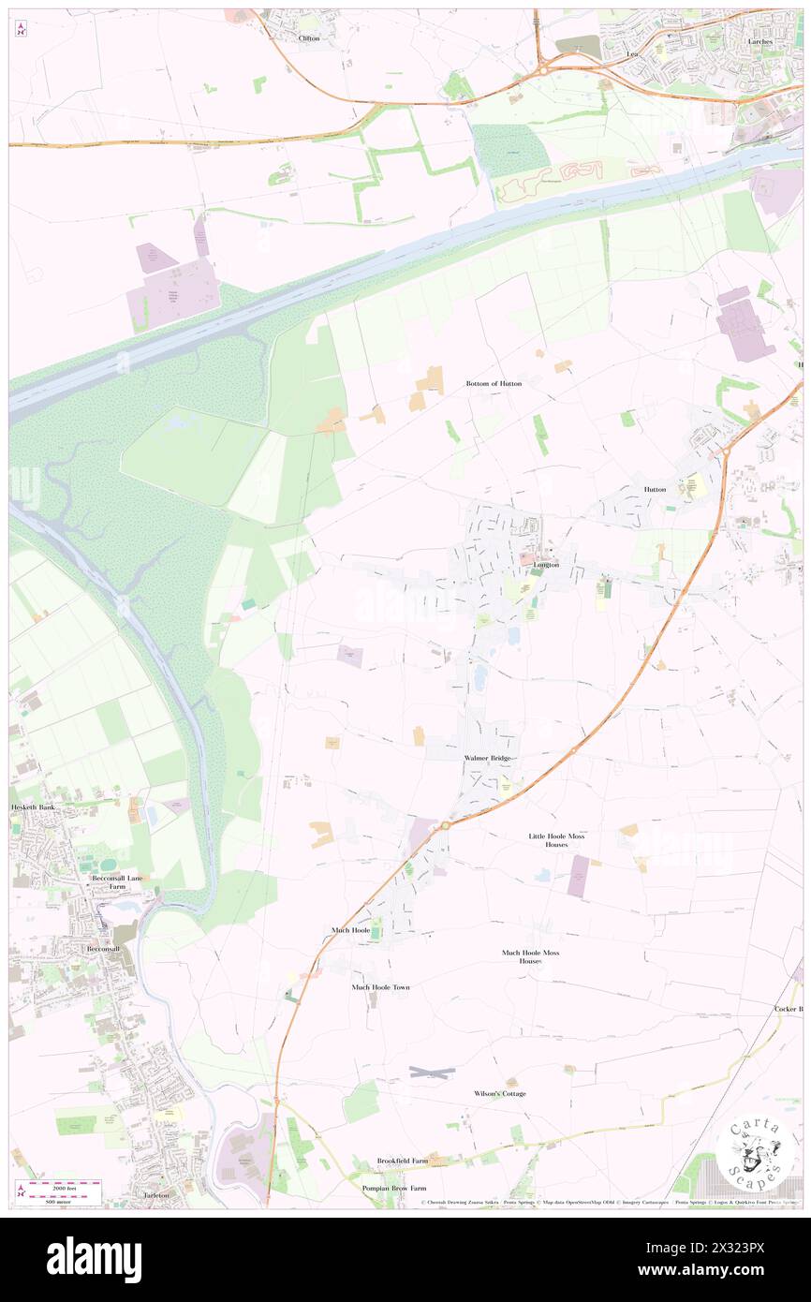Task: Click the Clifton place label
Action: click(308, 38)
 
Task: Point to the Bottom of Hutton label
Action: click(494, 384)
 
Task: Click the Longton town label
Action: click(545, 565)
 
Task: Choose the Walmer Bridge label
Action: click(485, 757)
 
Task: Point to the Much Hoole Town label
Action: click(380, 987)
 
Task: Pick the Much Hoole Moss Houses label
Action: click(530, 956)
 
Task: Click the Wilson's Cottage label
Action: click(499, 1093)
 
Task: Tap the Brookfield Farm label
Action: click(402, 1161)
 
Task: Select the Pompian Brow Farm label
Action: click(394, 1188)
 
